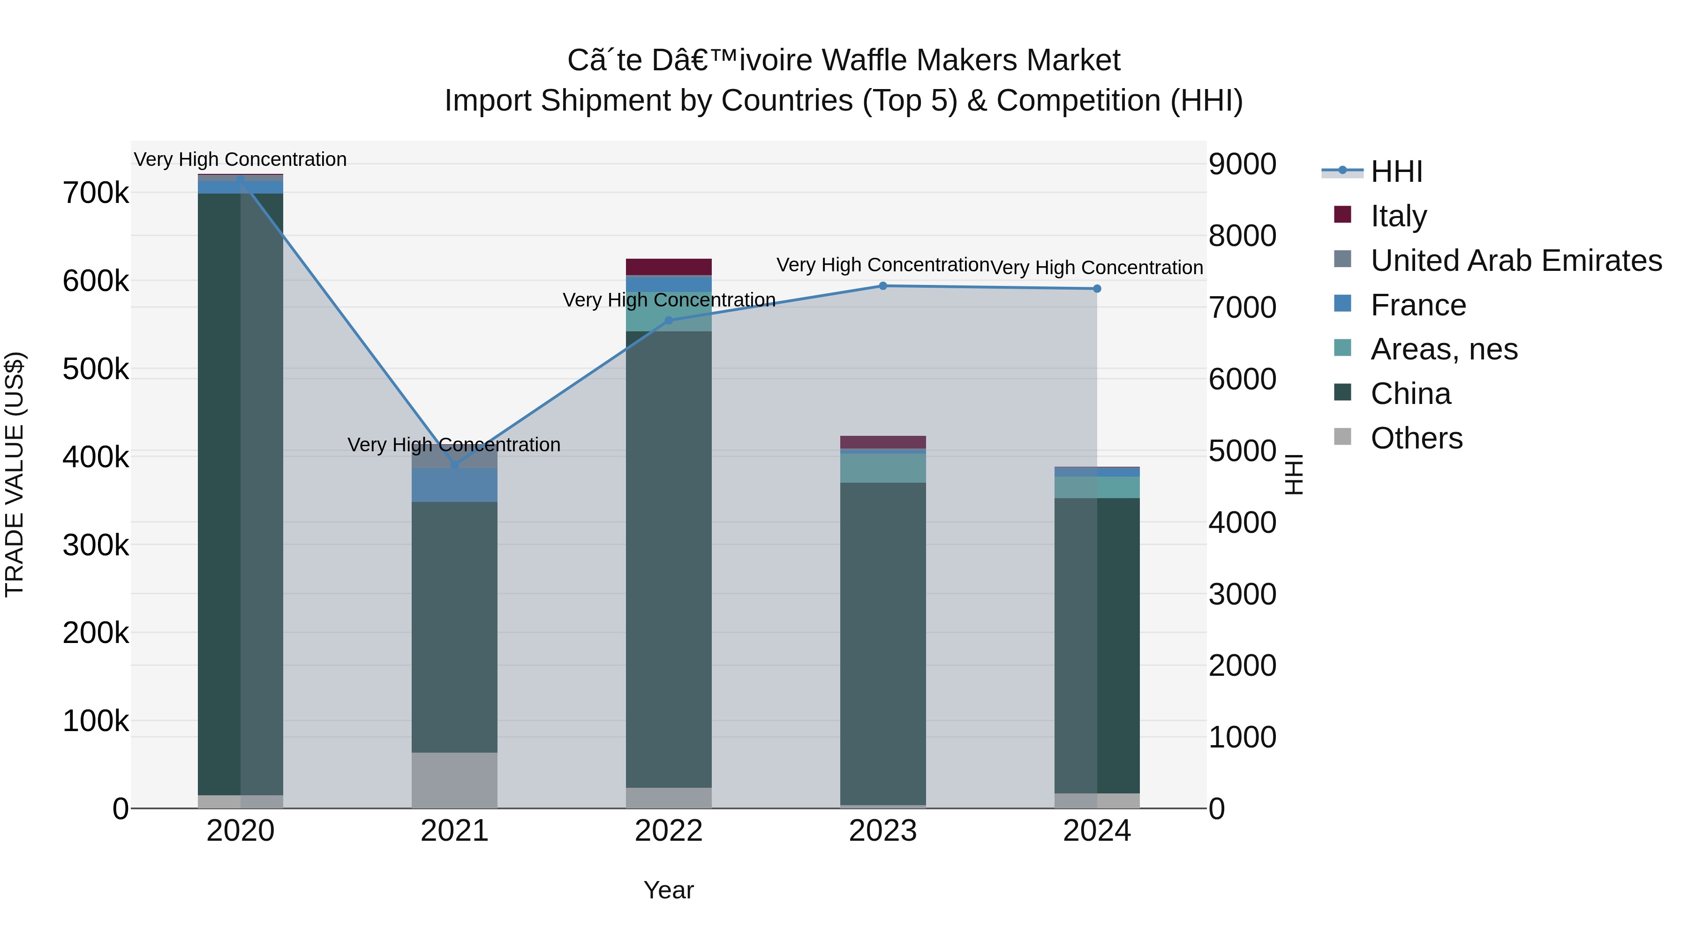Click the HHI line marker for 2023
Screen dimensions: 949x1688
click(x=882, y=285)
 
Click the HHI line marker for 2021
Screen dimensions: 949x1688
click(x=455, y=464)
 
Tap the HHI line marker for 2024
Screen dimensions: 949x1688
click(x=1097, y=289)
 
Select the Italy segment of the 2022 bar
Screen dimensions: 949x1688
click(x=668, y=267)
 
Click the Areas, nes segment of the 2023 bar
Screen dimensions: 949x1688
click(x=882, y=468)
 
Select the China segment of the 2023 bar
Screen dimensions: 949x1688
click(x=882, y=642)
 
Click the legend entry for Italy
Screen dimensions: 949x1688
click(x=1398, y=216)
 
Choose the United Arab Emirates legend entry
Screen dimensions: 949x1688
click(x=1515, y=260)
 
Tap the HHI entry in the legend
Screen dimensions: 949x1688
click(x=1396, y=172)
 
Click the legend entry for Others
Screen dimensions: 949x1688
click(x=1416, y=438)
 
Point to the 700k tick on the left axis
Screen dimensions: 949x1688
click(x=96, y=193)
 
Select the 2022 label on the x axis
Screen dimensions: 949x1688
click(x=668, y=831)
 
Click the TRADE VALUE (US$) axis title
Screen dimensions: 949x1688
click(x=15, y=474)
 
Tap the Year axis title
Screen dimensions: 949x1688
click(x=668, y=890)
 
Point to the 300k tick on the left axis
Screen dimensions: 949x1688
click(x=96, y=545)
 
